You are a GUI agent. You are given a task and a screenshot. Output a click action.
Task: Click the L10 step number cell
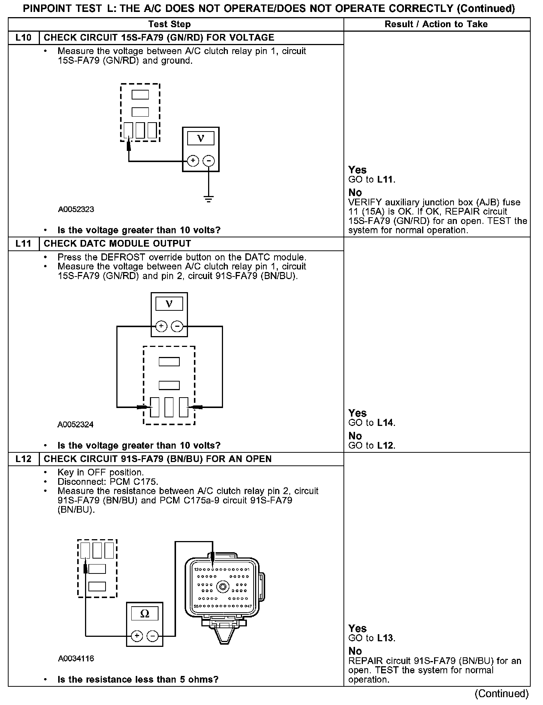click(x=23, y=38)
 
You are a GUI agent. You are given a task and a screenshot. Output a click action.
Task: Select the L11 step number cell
click(x=23, y=244)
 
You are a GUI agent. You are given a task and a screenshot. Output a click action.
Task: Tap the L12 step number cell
click(x=23, y=459)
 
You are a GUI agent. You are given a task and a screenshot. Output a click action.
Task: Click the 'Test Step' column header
click(x=169, y=25)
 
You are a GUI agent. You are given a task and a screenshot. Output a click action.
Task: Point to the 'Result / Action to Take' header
click(x=436, y=25)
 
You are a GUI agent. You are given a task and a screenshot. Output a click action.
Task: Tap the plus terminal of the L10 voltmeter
click(x=193, y=161)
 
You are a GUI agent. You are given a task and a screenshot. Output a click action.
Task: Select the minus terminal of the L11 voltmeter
click(x=177, y=326)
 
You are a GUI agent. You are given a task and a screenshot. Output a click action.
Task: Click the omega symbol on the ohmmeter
click(x=145, y=614)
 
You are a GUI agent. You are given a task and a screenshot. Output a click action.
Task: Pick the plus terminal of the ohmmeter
click(x=137, y=636)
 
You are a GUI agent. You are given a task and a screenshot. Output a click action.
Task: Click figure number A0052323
click(x=76, y=209)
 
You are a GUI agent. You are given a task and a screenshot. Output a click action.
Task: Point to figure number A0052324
click(x=76, y=424)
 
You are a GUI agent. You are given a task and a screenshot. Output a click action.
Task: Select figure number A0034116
click(x=76, y=658)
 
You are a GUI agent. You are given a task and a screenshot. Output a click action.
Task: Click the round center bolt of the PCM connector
click(x=223, y=587)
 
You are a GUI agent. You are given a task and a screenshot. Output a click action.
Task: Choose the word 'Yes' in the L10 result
click(x=357, y=170)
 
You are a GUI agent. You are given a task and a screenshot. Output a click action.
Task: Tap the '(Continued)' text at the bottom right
click(x=502, y=694)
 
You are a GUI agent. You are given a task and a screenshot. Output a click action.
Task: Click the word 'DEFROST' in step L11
click(x=123, y=257)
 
